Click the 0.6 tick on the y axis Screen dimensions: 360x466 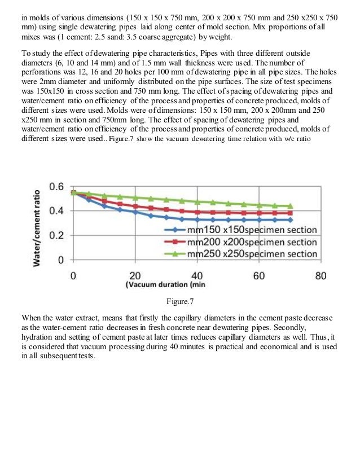(x=56, y=187)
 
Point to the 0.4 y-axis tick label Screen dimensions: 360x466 (x=56, y=211)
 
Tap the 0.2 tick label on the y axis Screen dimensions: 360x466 (x=56, y=235)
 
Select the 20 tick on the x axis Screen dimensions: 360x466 (x=135, y=276)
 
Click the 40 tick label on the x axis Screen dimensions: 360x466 (x=197, y=276)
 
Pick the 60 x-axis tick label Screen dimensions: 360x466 (x=259, y=276)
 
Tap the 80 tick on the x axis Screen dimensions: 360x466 (x=321, y=276)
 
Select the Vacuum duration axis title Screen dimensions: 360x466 (x=165, y=284)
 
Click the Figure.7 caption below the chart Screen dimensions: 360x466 (x=180, y=301)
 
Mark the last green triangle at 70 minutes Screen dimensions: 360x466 (x=291, y=206)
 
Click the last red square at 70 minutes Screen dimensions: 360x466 (x=291, y=213)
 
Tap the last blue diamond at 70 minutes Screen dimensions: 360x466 (x=291, y=220)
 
